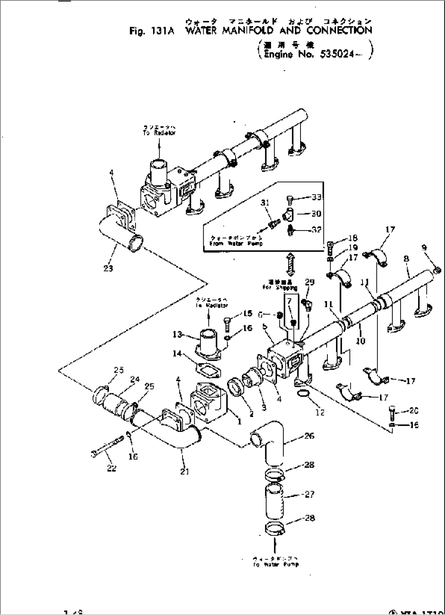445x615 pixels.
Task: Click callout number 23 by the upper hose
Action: coord(108,268)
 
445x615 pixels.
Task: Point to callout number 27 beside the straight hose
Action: coord(309,494)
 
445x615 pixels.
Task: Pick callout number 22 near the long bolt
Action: coord(111,468)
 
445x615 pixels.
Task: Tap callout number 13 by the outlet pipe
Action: coord(177,335)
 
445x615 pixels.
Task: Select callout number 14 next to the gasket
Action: coord(177,353)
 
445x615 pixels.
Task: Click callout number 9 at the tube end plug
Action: coord(425,247)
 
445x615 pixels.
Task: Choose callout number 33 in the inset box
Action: coord(316,197)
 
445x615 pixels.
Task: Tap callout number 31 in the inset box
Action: coord(265,203)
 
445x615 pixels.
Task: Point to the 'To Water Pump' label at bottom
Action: coord(276,564)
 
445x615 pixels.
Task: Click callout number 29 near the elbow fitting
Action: coord(310,282)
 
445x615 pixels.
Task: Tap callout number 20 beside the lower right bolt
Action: coord(414,411)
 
